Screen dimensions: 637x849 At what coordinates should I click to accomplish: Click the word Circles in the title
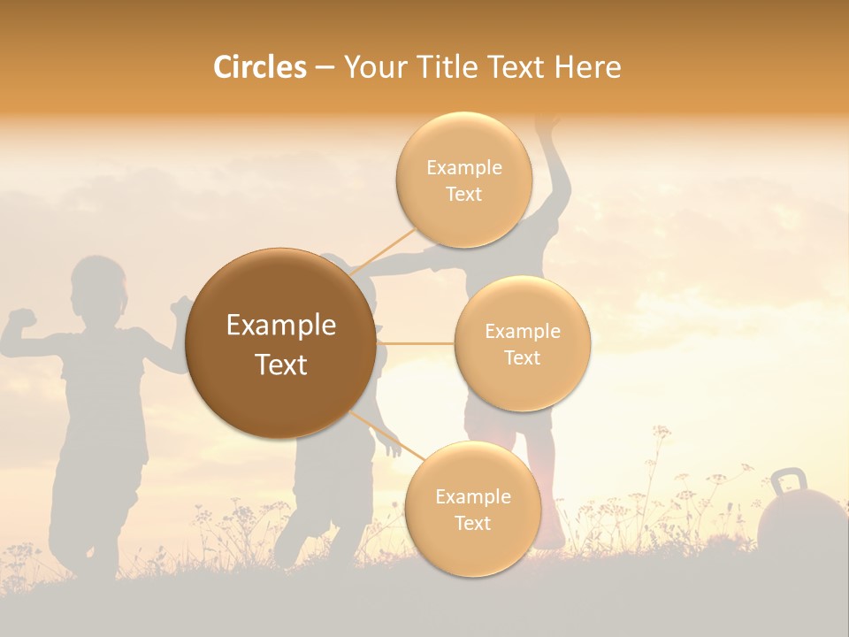(259, 67)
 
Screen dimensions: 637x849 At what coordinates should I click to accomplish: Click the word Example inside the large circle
(281, 326)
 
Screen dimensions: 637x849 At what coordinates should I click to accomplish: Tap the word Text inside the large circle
(281, 365)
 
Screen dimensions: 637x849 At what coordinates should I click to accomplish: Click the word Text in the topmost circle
(463, 195)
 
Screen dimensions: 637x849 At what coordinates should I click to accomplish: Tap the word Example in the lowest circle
(472, 496)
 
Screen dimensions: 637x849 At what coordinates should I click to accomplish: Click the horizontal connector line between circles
(416, 343)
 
